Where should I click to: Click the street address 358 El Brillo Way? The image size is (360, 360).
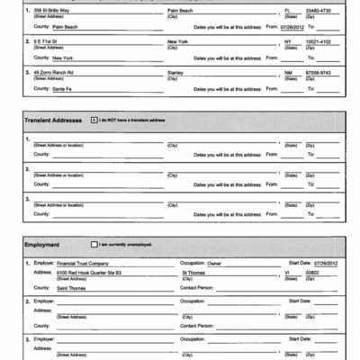tap(53, 10)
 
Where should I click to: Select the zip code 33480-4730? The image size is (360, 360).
tap(321, 10)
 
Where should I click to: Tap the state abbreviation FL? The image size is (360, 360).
tap(287, 10)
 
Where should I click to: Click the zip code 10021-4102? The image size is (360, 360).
tap(321, 41)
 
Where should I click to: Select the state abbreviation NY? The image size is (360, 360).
tap(287, 41)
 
